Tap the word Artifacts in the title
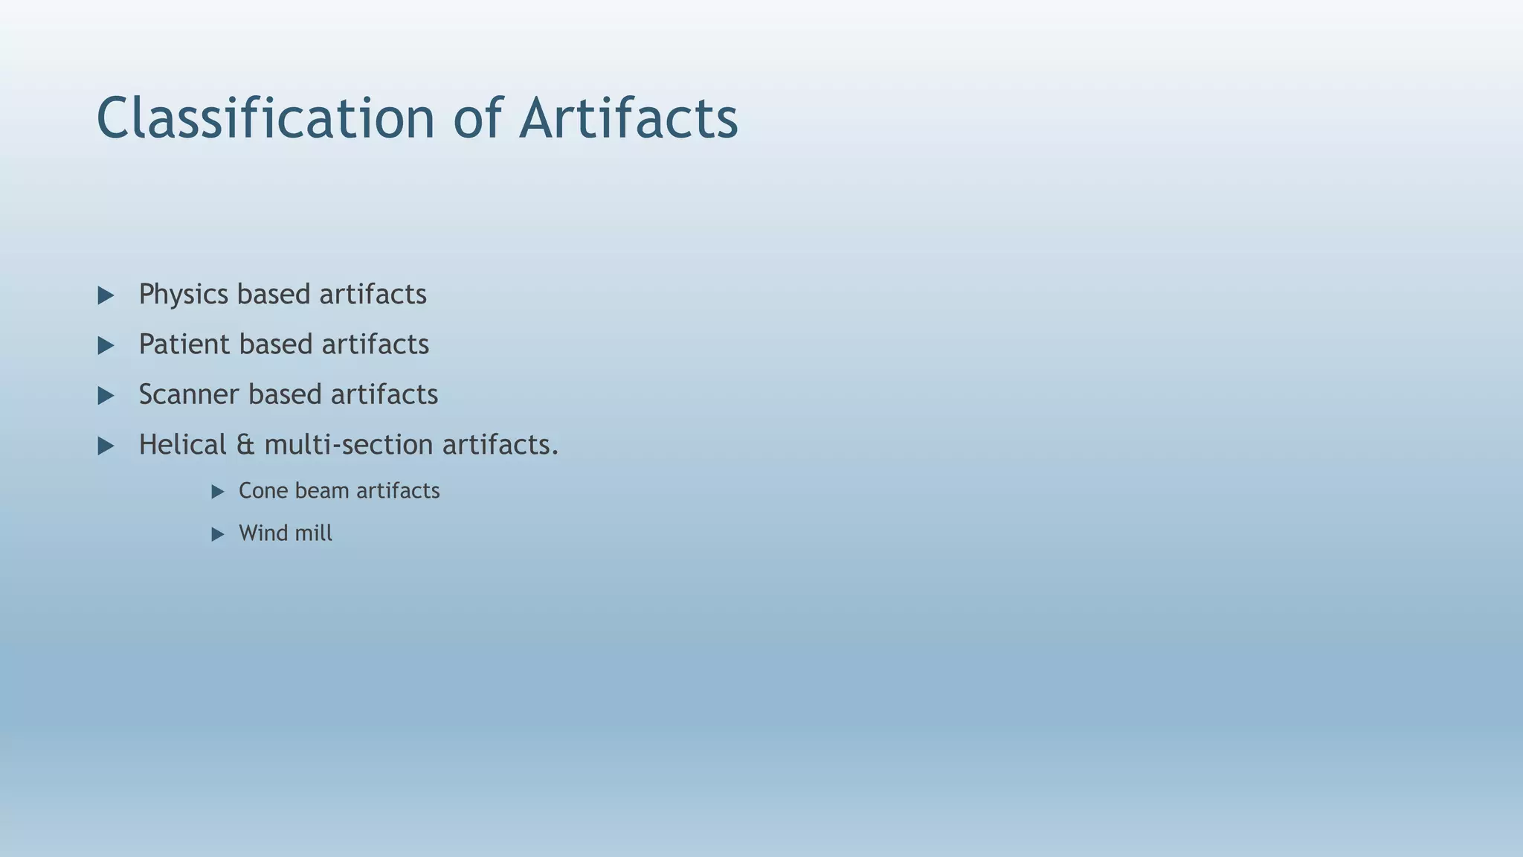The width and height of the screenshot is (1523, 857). pyautogui.click(x=628, y=118)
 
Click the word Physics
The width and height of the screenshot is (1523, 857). pyautogui.click(x=183, y=295)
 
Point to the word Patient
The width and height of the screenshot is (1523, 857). pyautogui.click(x=184, y=344)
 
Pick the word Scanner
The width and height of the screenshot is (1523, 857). pyautogui.click(x=189, y=394)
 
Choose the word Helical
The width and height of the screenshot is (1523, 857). pyautogui.click(x=182, y=445)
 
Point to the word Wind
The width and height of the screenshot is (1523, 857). pyautogui.click(x=261, y=533)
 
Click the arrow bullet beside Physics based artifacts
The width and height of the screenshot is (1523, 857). pyautogui.click(x=106, y=296)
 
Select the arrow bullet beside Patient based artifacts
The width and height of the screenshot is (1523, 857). pyautogui.click(x=106, y=346)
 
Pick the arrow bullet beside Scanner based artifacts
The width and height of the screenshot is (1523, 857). pyautogui.click(x=106, y=396)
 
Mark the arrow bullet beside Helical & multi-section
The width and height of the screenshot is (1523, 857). pyautogui.click(x=106, y=446)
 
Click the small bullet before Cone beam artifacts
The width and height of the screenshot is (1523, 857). pyautogui.click(x=218, y=492)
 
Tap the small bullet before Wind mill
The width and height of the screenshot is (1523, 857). pyautogui.click(x=218, y=534)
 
